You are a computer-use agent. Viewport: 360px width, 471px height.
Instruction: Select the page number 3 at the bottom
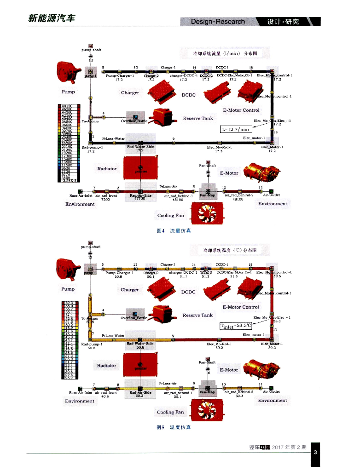[315, 453]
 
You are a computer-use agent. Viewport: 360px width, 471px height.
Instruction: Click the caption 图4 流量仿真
[174, 230]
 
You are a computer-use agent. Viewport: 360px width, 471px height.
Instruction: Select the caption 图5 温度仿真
[174, 427]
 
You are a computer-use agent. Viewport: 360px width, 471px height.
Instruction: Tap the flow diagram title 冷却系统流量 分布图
[225, 53]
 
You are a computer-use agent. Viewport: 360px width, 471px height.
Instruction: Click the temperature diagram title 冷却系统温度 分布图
[225, 250]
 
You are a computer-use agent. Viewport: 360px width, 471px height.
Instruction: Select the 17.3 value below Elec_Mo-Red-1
[219, 151]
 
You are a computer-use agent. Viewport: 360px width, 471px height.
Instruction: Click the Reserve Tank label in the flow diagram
[198, 118]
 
